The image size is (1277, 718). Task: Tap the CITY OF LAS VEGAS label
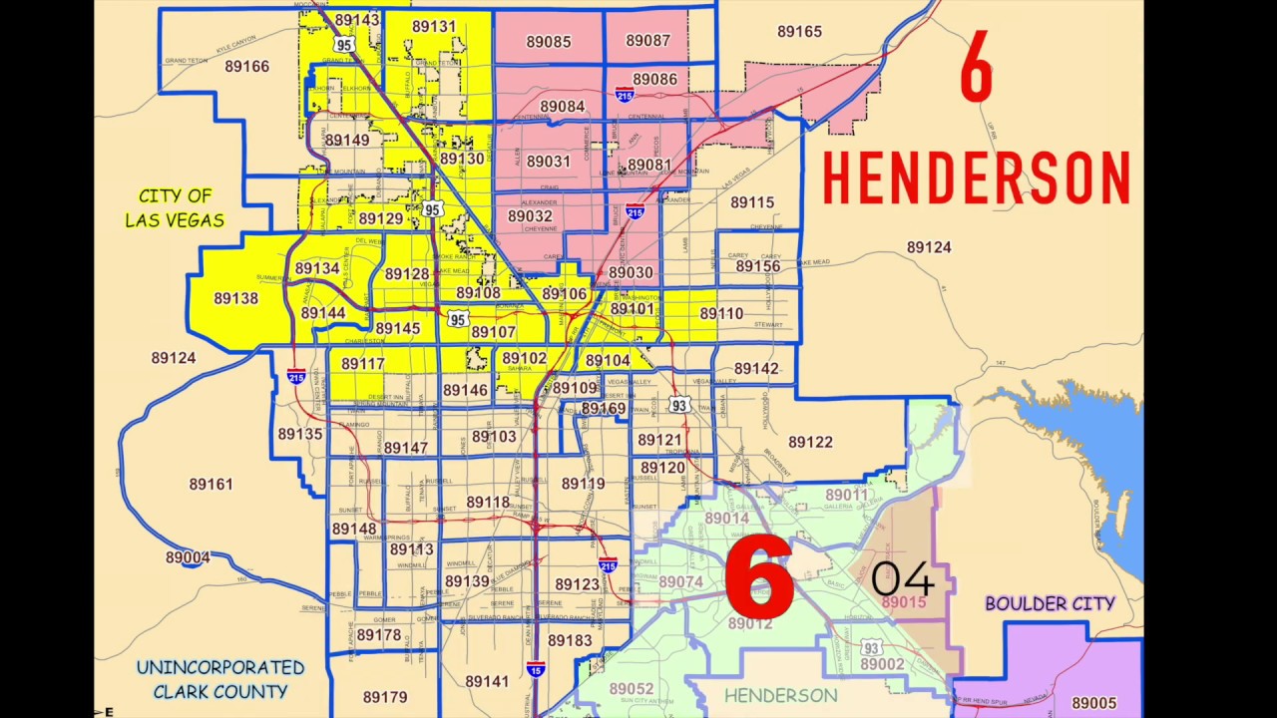[x=175, y=208]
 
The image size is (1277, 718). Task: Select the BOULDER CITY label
[x=1050, y=603]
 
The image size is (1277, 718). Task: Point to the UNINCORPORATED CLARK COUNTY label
[x=219, y=679]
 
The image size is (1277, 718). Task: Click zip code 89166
[x=246, y=66]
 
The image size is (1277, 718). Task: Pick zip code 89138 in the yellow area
[x=235, y=298]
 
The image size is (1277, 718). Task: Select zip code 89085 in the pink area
[x=548, y=41]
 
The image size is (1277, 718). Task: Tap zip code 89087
[x=648, y=41]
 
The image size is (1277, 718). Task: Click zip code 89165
[x=799, y=31]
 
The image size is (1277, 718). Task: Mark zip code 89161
[x=211, y=485]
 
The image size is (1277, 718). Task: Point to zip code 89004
[x=188, y=557]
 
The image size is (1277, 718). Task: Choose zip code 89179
[x=385, y=697]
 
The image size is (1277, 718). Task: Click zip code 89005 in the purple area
[x=1094, y=703]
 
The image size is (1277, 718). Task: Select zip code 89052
[x=632, y=689]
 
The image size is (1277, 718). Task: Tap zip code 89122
[x=810, y=442]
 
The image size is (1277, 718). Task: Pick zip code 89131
[x=434, y=27]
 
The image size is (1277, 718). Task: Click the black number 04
[x=902, y=578]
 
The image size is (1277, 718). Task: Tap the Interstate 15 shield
[x=536, y=669]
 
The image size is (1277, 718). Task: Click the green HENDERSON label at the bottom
[x=780, y=695]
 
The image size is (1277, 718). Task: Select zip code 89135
[x=300, y=434]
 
